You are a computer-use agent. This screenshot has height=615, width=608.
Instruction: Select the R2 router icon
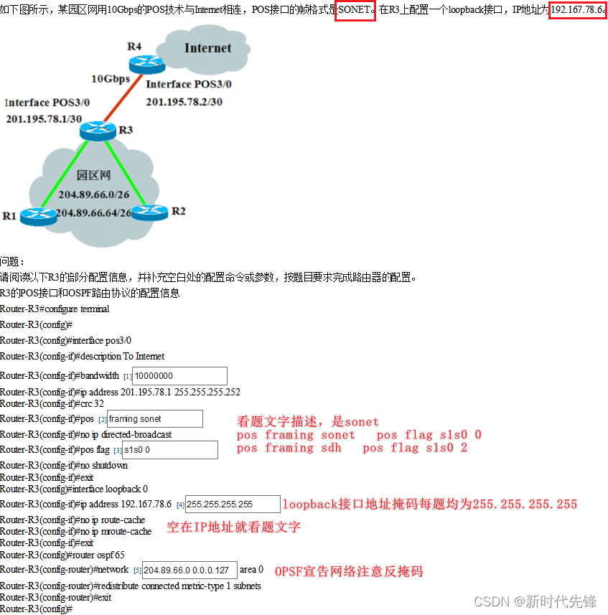[x=149, y=211]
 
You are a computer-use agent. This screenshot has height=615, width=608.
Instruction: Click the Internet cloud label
[x=207, y=48]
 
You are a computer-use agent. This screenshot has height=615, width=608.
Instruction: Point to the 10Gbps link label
[x=110, y=78]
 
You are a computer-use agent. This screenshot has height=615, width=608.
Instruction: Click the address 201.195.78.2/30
[x=184, y=102]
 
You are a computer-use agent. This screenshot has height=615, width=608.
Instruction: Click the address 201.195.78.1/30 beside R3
[x=44, y=118]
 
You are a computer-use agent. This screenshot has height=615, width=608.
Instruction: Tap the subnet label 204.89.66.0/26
[x=94, y=194]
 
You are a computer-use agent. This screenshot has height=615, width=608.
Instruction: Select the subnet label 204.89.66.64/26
[x=94, y=213]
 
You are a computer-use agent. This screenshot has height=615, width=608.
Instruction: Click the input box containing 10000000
[x=179, y=376]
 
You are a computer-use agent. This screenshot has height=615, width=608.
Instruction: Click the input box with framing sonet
[x=154, y=419]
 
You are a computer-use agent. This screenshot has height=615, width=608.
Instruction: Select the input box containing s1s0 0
[x=169, y=450]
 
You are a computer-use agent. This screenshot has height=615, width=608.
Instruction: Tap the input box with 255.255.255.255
[x=232, y=504]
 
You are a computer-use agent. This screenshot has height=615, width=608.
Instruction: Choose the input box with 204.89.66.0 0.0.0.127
[x=190, y=571]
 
